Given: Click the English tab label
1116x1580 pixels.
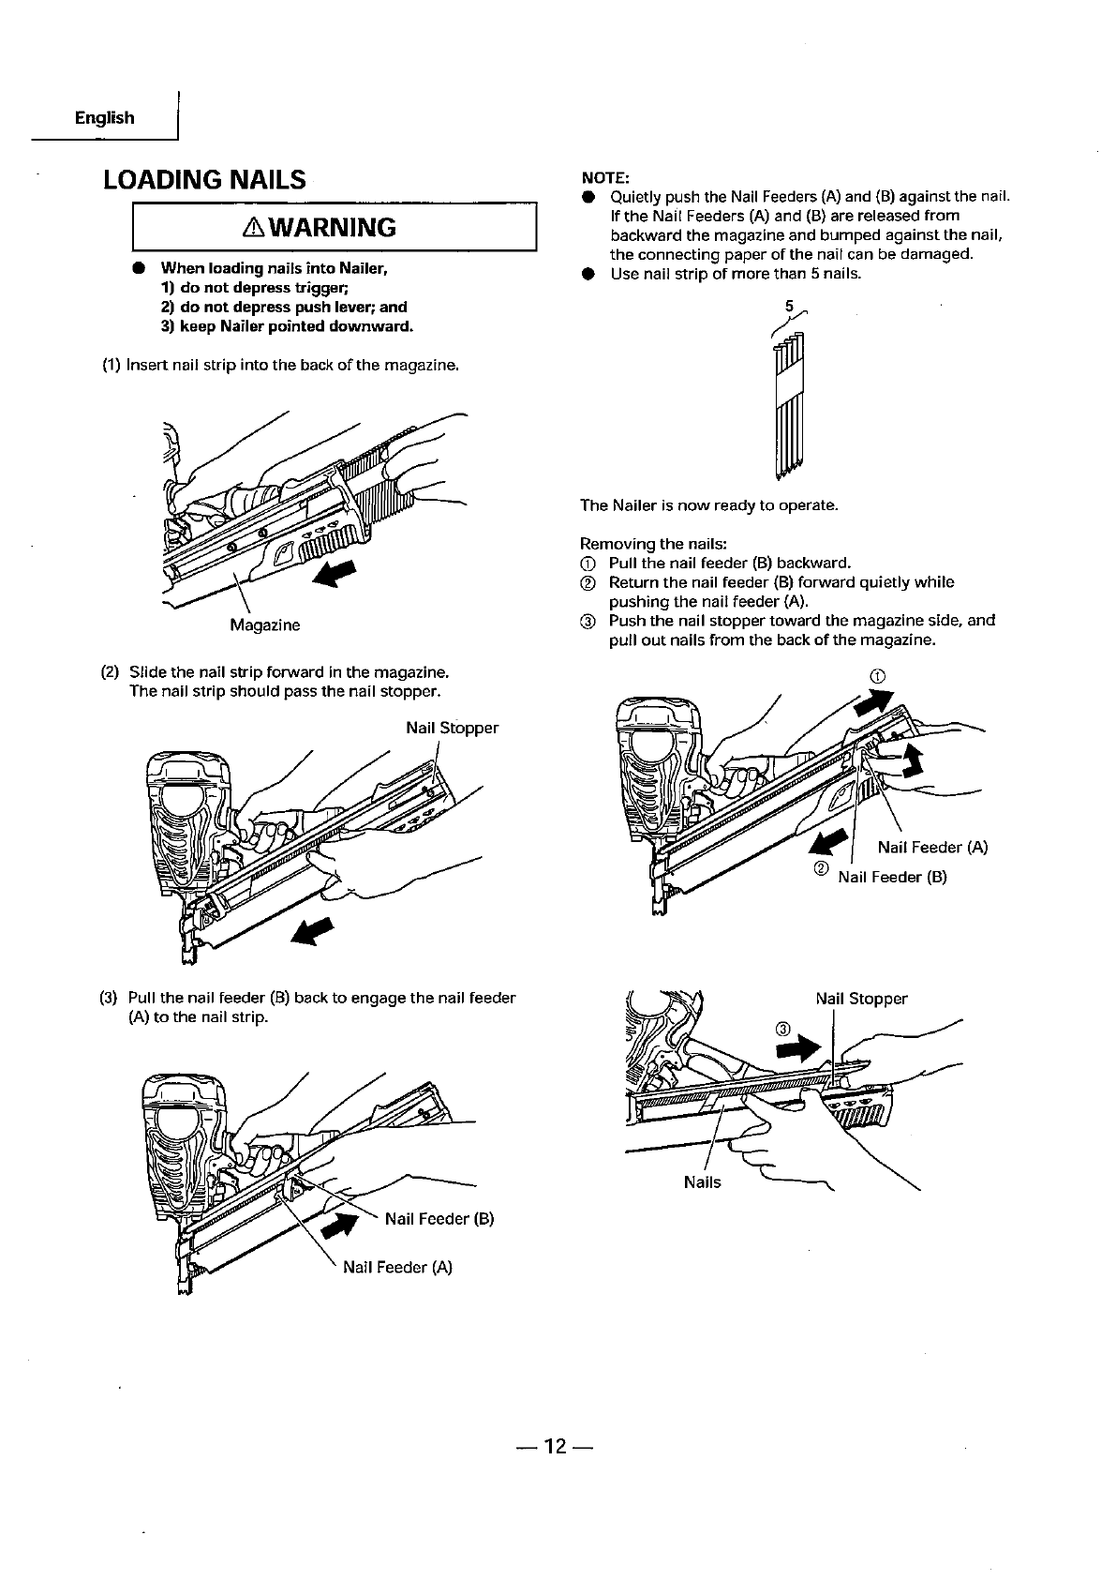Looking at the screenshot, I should [x=104, y=118].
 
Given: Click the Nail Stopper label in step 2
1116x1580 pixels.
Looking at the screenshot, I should [x=452, y=728].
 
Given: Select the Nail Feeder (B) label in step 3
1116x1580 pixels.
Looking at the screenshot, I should [x=439, y=1219].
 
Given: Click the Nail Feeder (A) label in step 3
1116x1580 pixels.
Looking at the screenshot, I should [x=397, y=1268].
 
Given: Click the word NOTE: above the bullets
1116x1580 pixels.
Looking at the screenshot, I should [x=605, y=178].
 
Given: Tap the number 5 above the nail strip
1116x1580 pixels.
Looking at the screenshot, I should [x=788, y=306].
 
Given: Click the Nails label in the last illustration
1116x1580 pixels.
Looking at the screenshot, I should [x=702, y=1182].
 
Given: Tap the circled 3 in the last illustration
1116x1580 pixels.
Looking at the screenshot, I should [x=784, y=1029].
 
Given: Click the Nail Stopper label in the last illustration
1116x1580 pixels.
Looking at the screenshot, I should [x=861, y=999].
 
